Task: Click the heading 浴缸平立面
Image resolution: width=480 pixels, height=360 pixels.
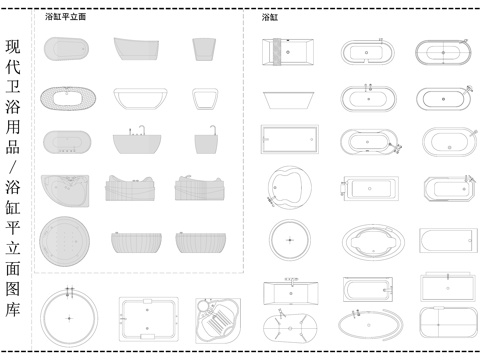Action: pos(66,18)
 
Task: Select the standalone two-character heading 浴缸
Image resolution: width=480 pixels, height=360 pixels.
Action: pos(270,18)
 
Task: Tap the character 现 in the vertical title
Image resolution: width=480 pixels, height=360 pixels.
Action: pos(14,47)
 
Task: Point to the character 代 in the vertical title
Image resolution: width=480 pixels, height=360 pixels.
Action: pos(14,71)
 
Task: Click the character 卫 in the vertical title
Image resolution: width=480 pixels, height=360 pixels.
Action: pos(14,96)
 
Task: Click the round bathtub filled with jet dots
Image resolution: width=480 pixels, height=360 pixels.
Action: pos(67,241)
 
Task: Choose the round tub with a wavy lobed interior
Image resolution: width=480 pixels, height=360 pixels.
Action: pos(288,187)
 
